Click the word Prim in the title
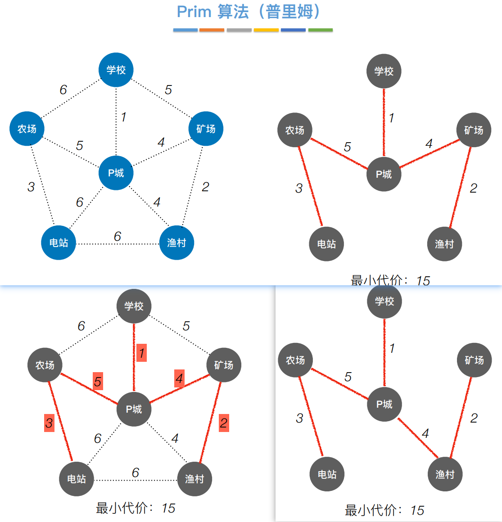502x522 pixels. (194, 12)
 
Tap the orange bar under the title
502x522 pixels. (212, 30)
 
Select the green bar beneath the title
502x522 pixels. (320, 30)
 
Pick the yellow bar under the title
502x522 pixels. (266, 30)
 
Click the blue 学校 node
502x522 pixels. (116, 70)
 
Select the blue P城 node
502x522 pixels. (116, 173)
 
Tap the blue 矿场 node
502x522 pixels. (206, 129)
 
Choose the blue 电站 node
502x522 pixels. (59, 243)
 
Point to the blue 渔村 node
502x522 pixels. (176, 243)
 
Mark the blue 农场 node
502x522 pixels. (27, 129)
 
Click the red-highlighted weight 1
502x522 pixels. (142, 353)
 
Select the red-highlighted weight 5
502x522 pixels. (98, 382)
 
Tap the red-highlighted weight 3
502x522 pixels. (49, 423)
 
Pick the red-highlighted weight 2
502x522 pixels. (224, 423)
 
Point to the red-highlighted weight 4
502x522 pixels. (179, 378)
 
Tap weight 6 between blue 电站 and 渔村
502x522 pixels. (118, 236)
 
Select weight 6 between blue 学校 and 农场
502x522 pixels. (63, 90)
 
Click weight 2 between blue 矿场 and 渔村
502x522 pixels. (205, 187)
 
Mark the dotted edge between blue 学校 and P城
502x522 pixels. (116, 130)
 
